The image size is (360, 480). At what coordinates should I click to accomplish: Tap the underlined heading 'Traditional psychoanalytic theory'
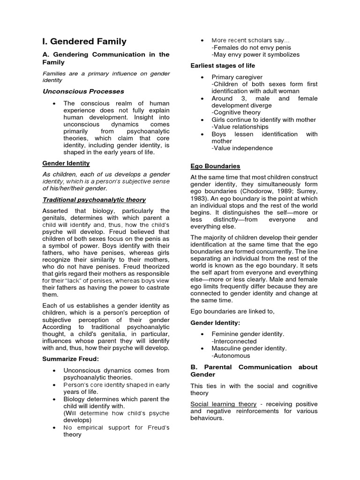click(94, 200)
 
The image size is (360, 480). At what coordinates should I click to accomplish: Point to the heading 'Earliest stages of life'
click(223, 66)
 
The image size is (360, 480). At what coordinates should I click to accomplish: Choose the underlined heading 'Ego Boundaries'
click(215, 166)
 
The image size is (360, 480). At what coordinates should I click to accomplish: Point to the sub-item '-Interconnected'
click(234, 341)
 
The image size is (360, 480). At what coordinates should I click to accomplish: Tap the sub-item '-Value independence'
click(242, 148)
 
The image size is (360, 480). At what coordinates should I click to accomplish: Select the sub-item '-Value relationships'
click(240, 127)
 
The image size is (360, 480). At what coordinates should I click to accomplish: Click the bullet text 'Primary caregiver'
click(237, 77)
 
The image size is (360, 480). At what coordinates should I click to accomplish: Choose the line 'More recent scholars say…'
click(251, 40)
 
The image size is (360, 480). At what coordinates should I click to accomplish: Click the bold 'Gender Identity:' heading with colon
click(215, 323)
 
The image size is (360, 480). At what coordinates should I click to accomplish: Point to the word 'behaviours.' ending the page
click(207, 418)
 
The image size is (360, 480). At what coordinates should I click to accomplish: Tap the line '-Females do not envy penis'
click(251, 47)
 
